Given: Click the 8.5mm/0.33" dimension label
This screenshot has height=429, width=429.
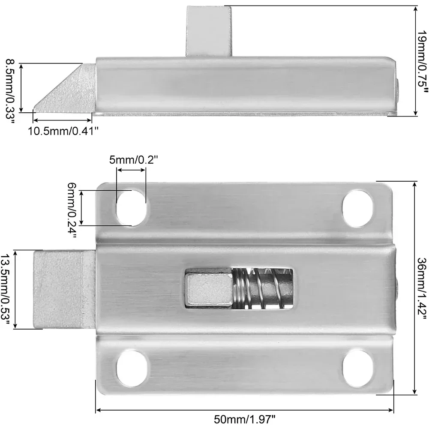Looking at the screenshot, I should point(9,91).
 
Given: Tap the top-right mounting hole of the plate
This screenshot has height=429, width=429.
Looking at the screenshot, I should point(358,201).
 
